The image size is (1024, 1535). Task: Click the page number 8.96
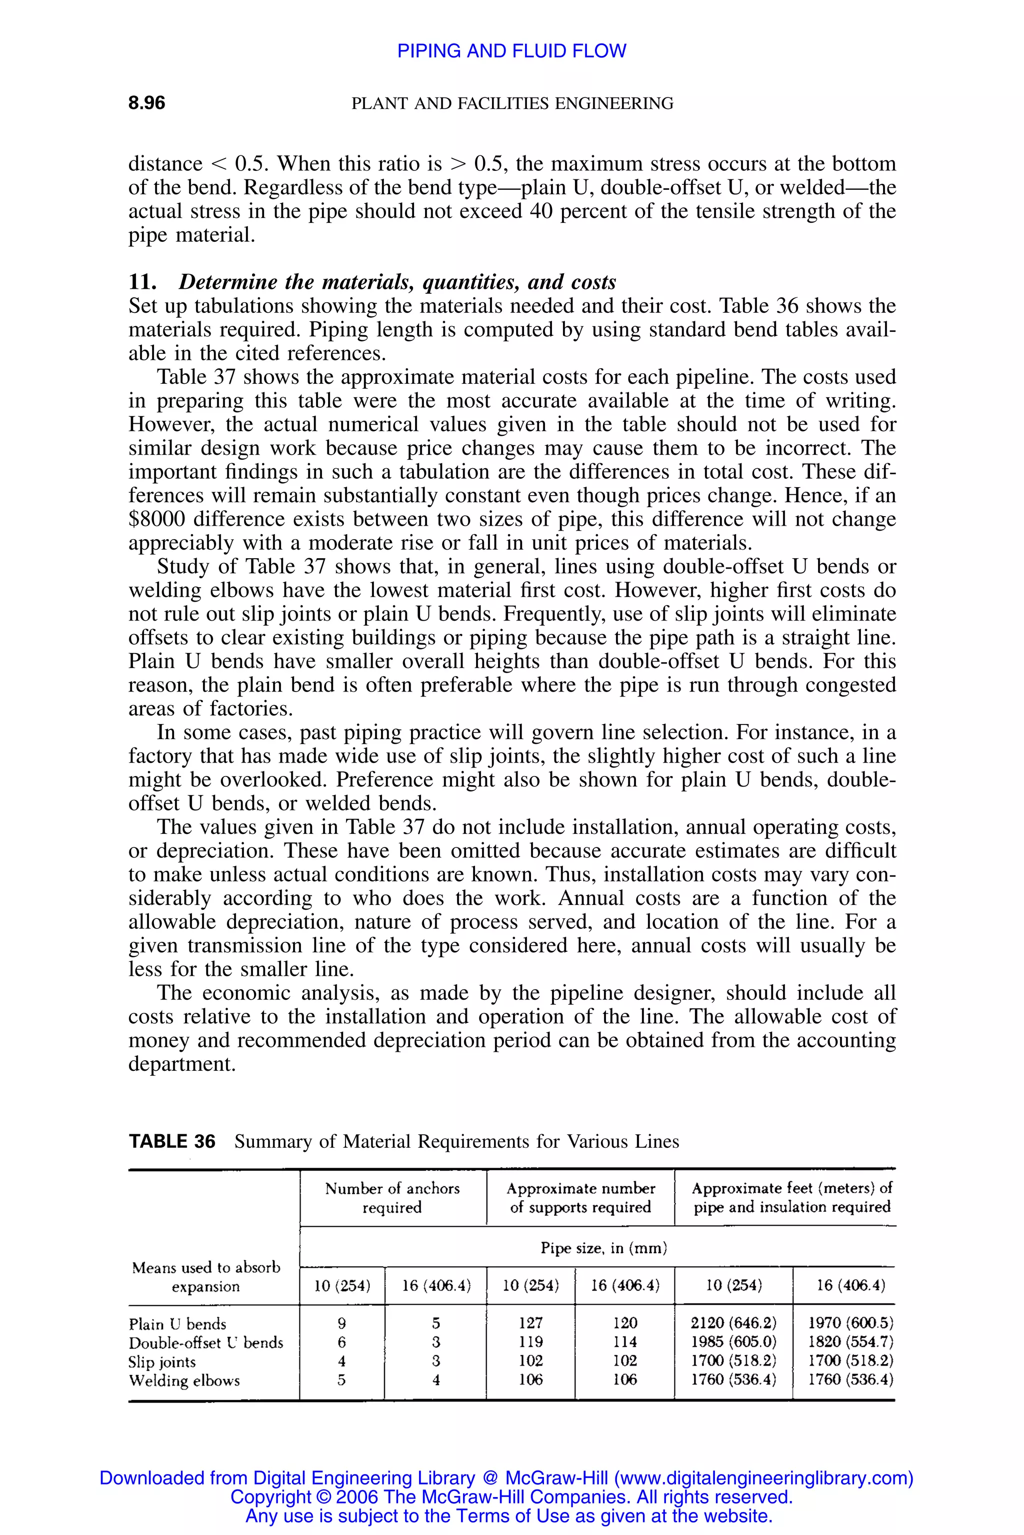pos(146,103)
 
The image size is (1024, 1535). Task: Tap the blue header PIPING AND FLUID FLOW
pos(511,51)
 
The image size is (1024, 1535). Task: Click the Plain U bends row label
pos(177,1324)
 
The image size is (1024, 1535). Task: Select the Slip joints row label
pos(162,1362)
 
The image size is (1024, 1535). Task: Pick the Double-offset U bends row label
pos(205,1343)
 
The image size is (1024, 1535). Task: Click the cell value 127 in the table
pos(530,1323)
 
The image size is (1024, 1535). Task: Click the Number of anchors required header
pos(392,1198)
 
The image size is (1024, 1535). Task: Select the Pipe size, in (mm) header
pos(603,1249)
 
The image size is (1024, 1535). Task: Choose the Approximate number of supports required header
pos(580,1198)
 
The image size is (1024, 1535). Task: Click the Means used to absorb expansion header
pos(205,1277)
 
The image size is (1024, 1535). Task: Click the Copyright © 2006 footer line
pos(511,1497)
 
